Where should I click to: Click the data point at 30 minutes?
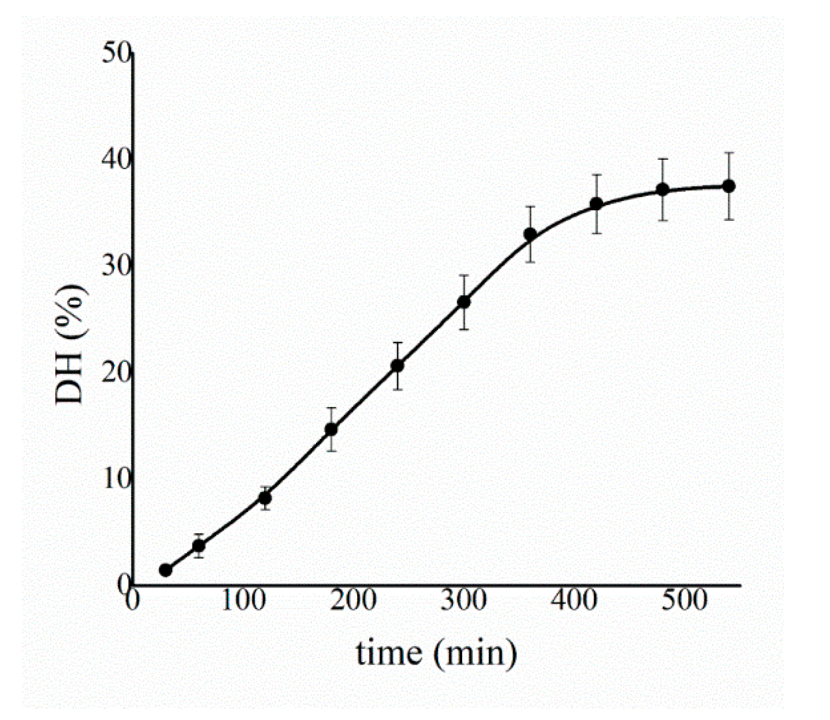(166, 570)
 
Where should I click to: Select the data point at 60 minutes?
(199, 545)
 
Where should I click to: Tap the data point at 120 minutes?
(265, 498)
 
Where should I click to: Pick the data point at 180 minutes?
(331, 430)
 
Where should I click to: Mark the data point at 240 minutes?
(398, 365)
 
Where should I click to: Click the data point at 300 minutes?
(464, 302)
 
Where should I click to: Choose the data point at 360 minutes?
(530, 234)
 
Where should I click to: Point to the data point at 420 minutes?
(596, 204)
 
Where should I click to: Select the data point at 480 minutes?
(663, 190)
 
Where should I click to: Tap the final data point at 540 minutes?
(729, 186)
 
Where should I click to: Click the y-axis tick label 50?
(116, 53)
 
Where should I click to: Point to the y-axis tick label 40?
(116, 159)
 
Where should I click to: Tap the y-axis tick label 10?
(116, 479)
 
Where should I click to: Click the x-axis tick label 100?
(244, 601)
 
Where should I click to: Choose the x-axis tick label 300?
(464, 601)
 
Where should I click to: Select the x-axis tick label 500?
(684, 601)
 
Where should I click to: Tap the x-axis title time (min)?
(436, 654)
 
